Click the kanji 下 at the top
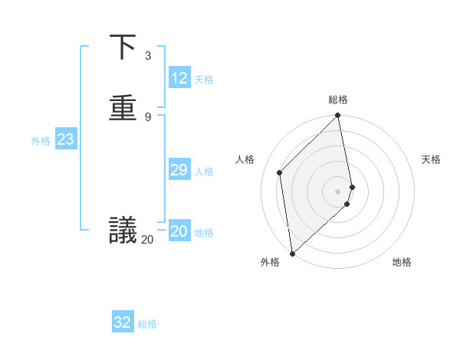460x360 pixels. [x=123, y=48]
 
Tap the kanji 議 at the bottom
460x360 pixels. [x=123, y=230]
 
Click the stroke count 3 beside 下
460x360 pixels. [x=147, y=56]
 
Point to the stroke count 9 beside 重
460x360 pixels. [x=147, y=116]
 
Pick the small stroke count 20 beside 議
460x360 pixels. [x=147, y=240]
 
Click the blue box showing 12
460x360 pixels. [x=179, y=78]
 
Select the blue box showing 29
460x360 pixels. [x=179, y=170]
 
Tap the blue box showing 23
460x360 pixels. [x=65, y=139]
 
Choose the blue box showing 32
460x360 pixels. [x=123, y=322]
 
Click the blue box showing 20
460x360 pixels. [x=179, y=231]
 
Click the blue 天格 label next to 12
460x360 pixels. [x=204, y=80]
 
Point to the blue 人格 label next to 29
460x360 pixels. [x=204, y=172]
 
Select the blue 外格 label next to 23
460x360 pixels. [x=41, y=141]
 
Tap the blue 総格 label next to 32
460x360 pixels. [x=147, y=324]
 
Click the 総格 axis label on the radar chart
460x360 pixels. [x=338, y=100]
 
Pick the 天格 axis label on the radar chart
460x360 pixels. [x=432, y=159]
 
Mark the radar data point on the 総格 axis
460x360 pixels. [x=338, y=116]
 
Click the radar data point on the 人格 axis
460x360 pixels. [x=280, y=172]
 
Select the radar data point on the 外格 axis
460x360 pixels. [x=292, y=253]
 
